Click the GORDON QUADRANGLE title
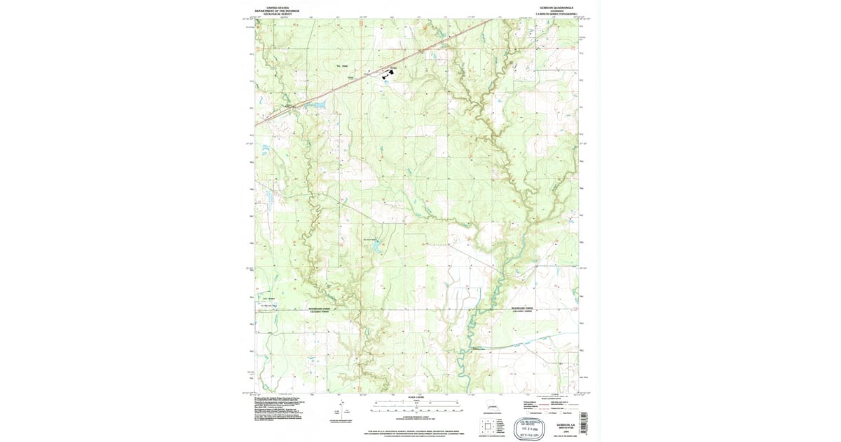click(x=556, y=7)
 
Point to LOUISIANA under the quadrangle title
click(x=556, y=11)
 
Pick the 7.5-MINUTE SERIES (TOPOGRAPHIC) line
click(x=556, y=14)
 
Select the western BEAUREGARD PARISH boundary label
click(x=323, y=308)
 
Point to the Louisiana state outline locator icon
click(x=491, y=406)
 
